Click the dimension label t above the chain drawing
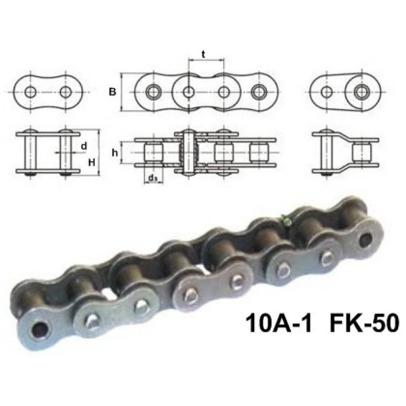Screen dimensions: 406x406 [x=203, y=55]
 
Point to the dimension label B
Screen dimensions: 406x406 [x=112, y=92]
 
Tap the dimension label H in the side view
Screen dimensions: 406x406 [x=92, y=162]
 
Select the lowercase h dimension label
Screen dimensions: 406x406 [x=115, y=153]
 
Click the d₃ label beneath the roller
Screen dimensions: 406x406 [x=153, y=178]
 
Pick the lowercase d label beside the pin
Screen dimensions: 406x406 [x=84, y=146]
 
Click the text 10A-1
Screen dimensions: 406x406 [x=279, y=323]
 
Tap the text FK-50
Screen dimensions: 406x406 [x=364, y=323]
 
